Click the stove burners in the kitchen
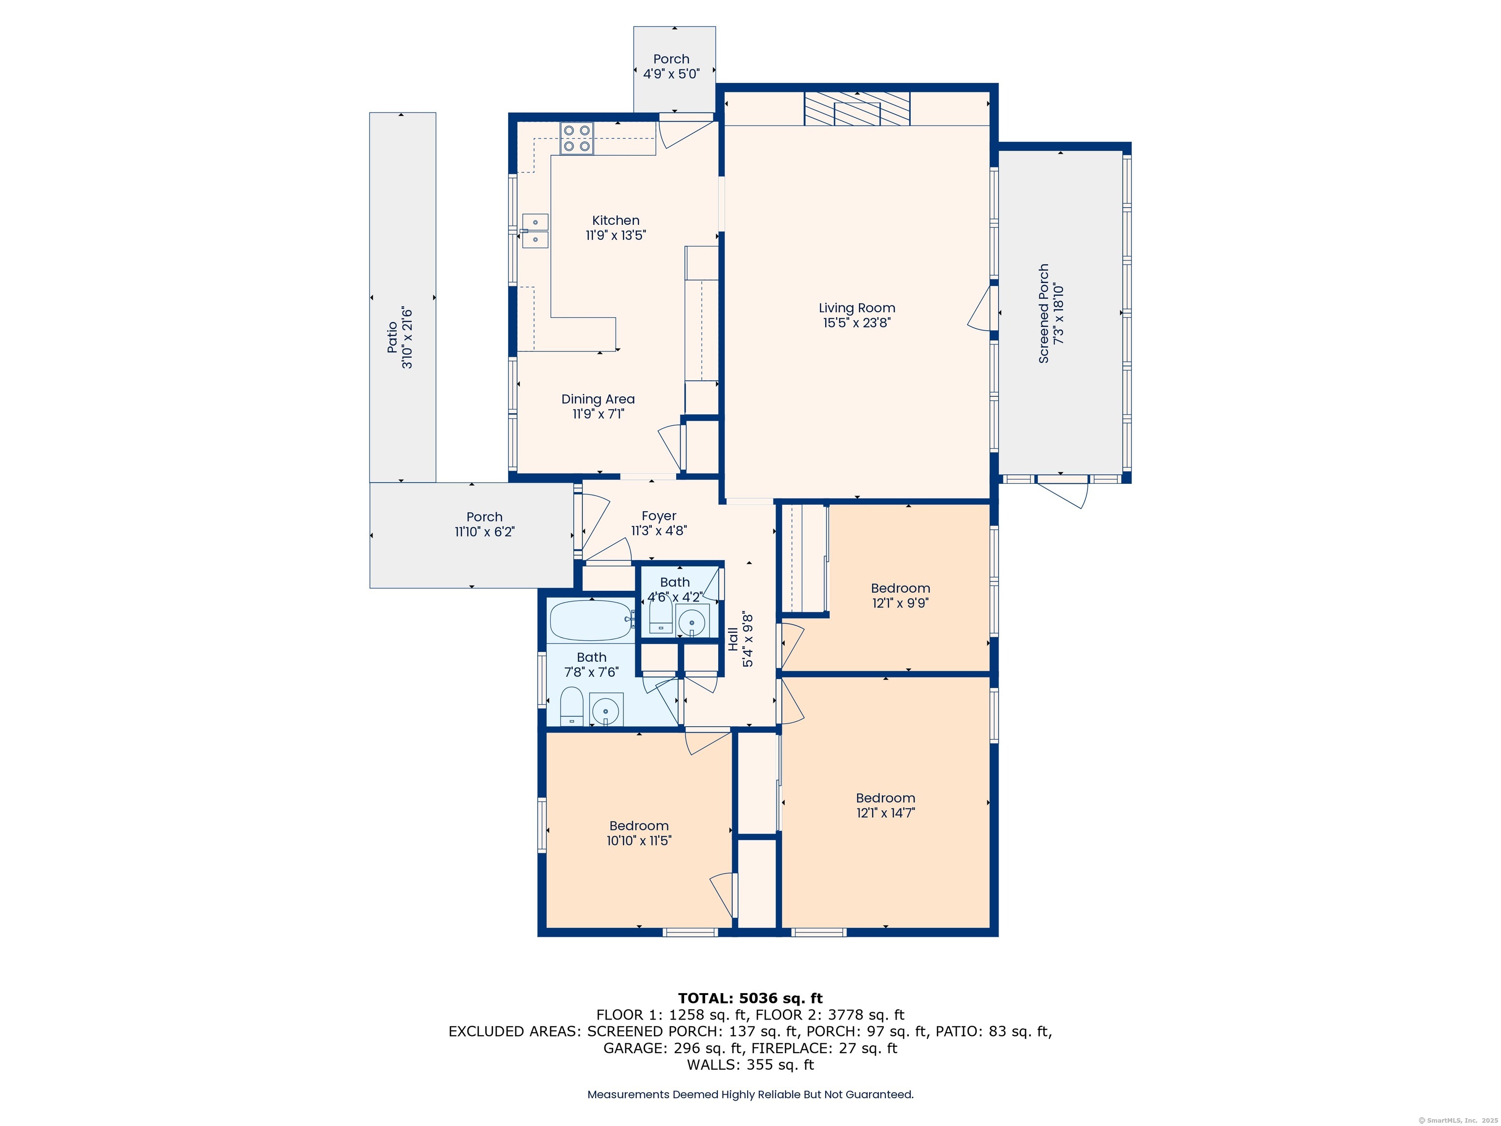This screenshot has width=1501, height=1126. click(577, 138)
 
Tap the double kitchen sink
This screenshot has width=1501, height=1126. click(535, 231)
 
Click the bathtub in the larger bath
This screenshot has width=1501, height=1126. click(590, 620)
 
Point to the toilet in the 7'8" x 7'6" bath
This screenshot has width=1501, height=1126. click(571, 706)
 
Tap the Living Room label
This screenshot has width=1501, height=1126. click(857, 308)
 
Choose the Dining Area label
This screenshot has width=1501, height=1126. click(598, 399)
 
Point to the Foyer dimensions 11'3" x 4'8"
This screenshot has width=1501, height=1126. click(659, 531)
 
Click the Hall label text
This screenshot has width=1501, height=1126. click(733, 639)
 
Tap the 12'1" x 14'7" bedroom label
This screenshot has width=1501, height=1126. click(885, 812)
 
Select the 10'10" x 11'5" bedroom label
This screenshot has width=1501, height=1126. click(639, 840)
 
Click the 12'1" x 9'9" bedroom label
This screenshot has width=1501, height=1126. click(900, 603)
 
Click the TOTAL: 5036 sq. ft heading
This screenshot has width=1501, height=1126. click(750, 998)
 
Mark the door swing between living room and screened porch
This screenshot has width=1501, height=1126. click(981, 309)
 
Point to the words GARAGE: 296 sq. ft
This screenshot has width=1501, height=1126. click(672, 1048)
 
